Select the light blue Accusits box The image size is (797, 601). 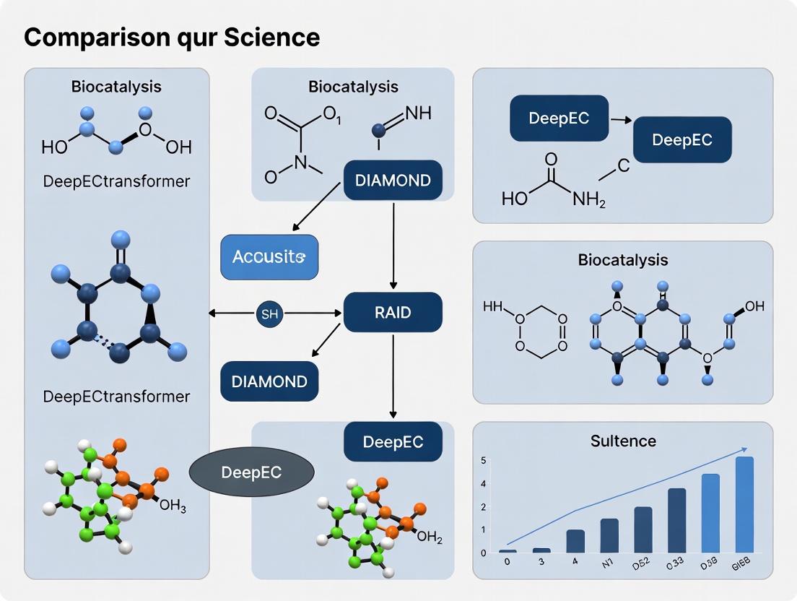[269, 257]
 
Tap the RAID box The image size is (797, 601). [393, 312]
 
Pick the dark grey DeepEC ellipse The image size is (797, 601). [251, 472]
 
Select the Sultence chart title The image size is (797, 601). [622, 440]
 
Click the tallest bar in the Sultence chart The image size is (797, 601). [744, 504]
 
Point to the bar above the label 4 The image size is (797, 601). [575, 541]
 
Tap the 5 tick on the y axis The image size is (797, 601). [483, 461]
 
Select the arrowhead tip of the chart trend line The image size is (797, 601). [745, 449]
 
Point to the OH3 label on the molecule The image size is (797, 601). [173, 506]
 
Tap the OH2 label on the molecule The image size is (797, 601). [430, 537]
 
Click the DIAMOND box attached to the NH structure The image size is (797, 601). [393, 180]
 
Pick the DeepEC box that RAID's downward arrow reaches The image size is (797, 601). [393, 441]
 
